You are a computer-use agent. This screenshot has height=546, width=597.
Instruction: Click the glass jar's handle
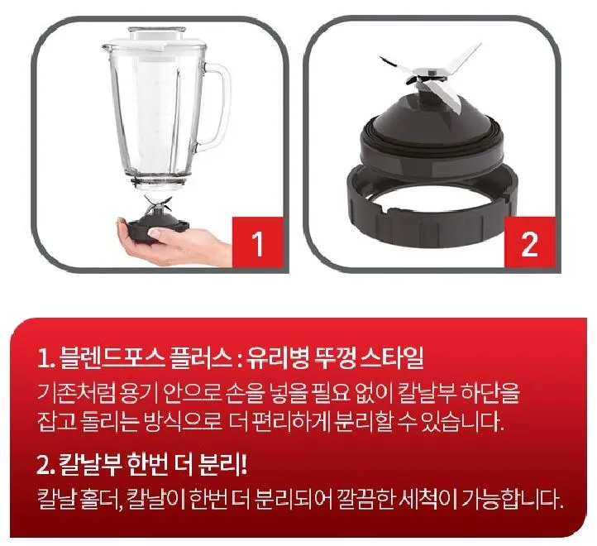[x=217, y=108]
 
